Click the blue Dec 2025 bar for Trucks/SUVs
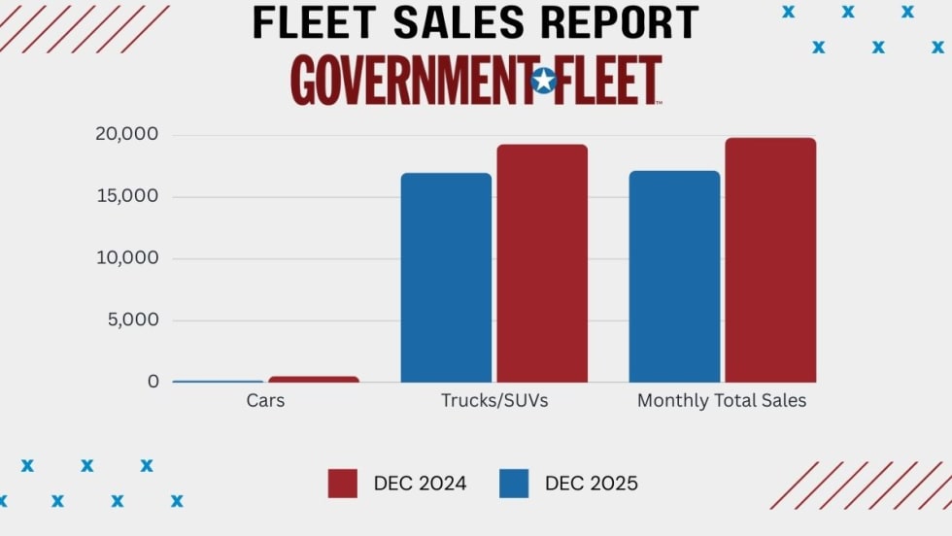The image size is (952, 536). (446, 278)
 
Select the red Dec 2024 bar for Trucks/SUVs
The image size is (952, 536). (542, 263)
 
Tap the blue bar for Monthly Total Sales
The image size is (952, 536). (674, 277)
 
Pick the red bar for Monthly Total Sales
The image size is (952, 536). (770, 260)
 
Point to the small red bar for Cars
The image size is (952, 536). (314, 379)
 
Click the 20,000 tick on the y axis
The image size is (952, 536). (126, 134)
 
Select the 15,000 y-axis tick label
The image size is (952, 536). (126, 196)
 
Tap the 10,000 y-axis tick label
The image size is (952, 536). (126, 258)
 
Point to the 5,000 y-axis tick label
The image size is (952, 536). (131, 319)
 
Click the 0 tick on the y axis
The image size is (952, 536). (153, 382)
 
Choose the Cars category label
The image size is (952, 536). (265, 400)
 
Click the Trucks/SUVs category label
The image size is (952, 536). (494, 400)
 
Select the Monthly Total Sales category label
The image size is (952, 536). (722, 400)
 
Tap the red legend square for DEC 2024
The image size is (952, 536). (342, 484)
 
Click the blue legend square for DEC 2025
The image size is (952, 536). (514, 484)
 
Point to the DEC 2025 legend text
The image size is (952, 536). (591, 484)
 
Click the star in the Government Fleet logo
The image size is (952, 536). (544, 81)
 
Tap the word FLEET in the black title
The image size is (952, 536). (306, 22)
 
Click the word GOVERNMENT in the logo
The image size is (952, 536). (409, 81)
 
